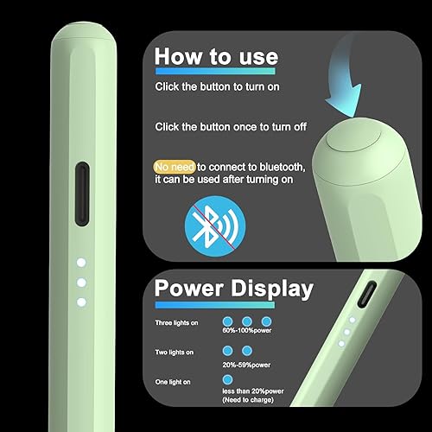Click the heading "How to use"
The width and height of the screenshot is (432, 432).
point(216,56)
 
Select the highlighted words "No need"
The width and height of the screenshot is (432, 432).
point(173,165)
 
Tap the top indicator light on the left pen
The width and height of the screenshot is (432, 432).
point(79,262)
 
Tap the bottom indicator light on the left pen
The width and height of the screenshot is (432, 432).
point(79,302)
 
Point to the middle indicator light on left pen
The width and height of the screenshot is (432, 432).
point(79,282)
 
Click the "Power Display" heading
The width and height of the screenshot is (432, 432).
point(232,288)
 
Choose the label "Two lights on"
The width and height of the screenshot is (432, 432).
point(173,353)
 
